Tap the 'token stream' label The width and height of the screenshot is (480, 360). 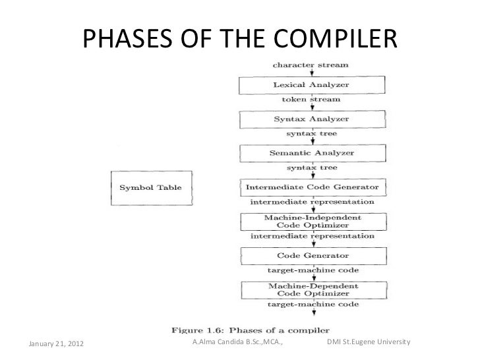click(311, 100)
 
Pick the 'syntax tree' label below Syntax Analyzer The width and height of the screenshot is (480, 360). click(311, 134)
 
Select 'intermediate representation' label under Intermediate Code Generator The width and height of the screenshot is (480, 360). click(311, 202)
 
